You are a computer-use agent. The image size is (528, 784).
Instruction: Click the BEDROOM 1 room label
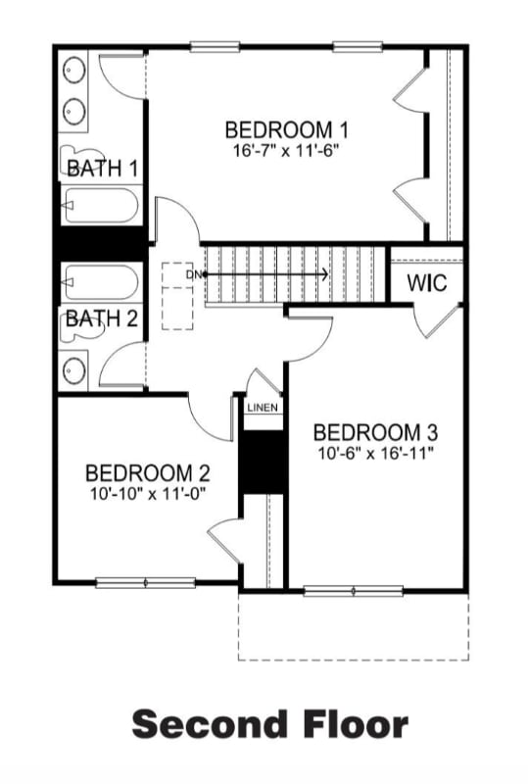287,129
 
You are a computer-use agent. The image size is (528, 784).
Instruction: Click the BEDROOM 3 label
375,432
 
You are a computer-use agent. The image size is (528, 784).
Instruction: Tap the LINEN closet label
263,407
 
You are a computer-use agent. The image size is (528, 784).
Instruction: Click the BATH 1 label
101,169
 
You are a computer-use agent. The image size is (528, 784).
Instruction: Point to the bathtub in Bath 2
99,283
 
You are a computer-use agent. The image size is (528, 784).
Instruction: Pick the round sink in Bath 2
74,370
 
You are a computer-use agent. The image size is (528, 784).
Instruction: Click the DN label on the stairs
193,275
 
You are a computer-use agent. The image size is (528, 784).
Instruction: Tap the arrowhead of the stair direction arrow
323,274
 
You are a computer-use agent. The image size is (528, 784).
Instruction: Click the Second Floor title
269,724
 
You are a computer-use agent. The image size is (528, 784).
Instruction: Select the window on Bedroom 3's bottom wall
353,590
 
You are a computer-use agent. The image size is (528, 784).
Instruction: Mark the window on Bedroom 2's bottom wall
145,582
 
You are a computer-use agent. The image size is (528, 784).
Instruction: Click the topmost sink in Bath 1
74,70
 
